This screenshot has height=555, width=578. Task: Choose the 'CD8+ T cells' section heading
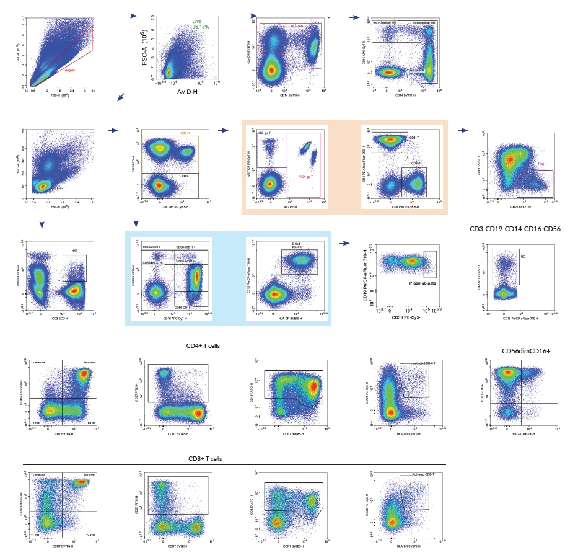point(205,459)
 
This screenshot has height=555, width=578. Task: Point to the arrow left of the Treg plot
point(462,131)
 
